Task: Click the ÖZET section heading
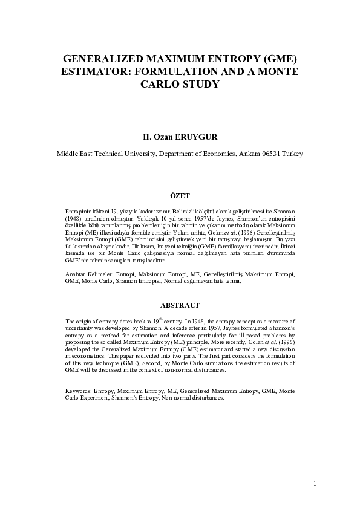coord(180,196)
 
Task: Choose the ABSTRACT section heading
coord(180,306)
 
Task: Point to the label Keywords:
coord(79,391)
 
